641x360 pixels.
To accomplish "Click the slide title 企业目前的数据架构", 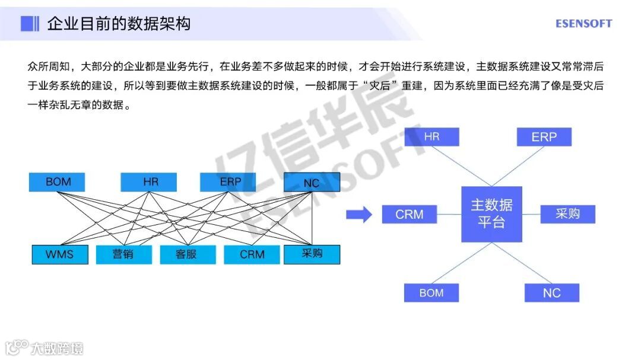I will pyautogui.click(x=119, y=24).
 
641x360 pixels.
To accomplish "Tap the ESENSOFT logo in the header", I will pyautogui.click(x=583, y=24).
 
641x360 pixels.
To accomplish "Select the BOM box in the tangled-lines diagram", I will pyautogui.click(x=57, y=182).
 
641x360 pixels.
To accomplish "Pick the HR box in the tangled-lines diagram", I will pyautogui.click(x=148, y=182).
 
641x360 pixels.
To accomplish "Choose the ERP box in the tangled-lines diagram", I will pyautogui.click(x=228, y=182).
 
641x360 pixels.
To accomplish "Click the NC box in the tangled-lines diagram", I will pyautogui.click(x=312, y=183).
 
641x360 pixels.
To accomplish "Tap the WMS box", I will pyautogui.click(x=59, y=254).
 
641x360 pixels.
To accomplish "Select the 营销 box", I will pyautogui.click(x=123, y=254).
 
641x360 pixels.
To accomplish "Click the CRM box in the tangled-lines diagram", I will pyautogui.click(x=252, y=254).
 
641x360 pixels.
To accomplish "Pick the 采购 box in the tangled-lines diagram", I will pyautogui.click(x=312, y=254).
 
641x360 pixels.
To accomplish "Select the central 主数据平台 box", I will pyautogui.click(x=491, y=214).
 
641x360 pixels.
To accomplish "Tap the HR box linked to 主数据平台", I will pyautogui.click(x=431, y=137).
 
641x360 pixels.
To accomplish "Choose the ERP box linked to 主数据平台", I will pyautogui.click(x=544, y=137).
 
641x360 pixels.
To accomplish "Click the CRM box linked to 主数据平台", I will pyautogui.click(x=410, y=214).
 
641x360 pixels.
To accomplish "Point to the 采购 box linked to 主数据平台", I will pyautogui.click(x=567, y=214).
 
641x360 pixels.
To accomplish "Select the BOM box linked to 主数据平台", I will pyautogui.click(x=431, y=292).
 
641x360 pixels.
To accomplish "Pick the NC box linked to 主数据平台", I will pyautogui.click(x=551, y=292).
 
